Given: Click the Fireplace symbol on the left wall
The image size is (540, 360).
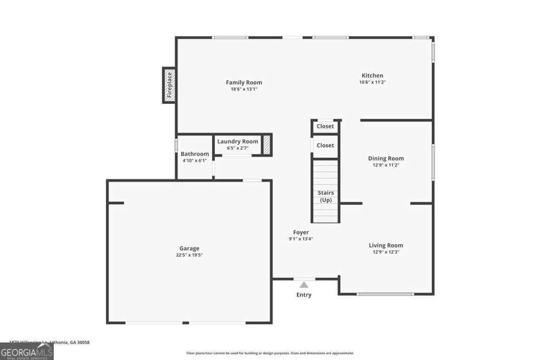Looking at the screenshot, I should click(169, 85).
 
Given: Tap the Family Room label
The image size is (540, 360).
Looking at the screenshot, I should click(244, 83).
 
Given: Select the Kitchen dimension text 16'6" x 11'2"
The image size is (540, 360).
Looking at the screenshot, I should click(372, 82).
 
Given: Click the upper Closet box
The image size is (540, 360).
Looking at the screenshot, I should click(325, 127).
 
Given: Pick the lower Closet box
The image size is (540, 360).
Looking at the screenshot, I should click(325, 145).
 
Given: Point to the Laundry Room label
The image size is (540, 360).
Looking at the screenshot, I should click(238, 141).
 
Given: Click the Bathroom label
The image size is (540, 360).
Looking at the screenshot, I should click(195, 154).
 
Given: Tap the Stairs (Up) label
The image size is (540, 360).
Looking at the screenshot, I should click(325, 196).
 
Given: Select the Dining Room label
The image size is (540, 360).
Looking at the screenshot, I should click(385, 158).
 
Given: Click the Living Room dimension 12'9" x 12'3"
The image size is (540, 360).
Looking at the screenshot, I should click(385, 252).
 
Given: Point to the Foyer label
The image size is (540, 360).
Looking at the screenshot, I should click(301, 232).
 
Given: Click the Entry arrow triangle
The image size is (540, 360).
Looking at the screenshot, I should click(304, 285).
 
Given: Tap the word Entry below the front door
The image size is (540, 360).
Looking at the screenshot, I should click(304, 295).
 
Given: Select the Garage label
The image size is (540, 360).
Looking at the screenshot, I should click(189, 248).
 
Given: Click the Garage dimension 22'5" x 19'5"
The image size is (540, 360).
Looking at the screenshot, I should click(189, 255).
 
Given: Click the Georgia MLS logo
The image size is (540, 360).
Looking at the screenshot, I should click(27, 352).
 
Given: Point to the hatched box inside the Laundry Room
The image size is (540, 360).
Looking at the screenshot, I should click(267, 144).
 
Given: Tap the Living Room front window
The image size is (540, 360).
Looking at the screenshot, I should click(385, 294).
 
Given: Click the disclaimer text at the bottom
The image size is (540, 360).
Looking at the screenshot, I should click(270, 353).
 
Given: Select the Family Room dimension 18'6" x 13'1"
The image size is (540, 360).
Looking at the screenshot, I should click(244, 89).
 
